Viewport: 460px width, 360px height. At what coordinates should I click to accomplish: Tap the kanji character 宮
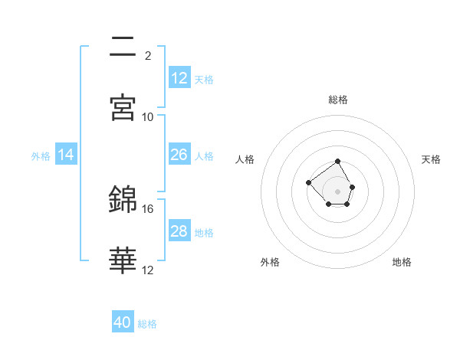[123, 107]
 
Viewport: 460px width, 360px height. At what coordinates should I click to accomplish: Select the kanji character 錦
[123, 199]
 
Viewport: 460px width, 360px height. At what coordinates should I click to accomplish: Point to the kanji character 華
[123, 260]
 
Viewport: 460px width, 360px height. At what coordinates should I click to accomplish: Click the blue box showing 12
[179, 77]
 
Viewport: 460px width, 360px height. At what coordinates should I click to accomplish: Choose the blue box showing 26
[179, 155]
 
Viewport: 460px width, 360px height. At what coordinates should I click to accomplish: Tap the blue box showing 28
[179, 231]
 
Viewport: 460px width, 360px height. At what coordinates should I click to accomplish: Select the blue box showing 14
[66, 155]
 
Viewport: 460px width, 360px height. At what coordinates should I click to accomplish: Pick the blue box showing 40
[123, 322]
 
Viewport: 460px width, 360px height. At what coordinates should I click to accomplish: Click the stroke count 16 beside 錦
[148, 208]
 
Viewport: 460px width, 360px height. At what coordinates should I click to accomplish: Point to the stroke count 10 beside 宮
[148, 116]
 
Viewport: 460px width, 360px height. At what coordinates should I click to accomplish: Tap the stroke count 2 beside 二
[148, 56]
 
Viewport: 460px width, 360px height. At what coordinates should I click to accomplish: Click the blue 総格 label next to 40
[147, 324]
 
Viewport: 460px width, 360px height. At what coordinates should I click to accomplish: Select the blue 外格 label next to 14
[41, 156]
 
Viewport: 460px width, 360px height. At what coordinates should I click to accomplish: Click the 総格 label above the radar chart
[338, 100]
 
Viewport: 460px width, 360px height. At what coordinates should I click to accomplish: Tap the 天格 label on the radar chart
[431, 159]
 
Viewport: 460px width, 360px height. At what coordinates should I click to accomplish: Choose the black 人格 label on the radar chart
[245, 159]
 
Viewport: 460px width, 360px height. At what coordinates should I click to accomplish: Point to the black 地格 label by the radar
[402, 262]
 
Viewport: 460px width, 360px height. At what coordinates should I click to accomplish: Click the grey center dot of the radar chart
[338, 191]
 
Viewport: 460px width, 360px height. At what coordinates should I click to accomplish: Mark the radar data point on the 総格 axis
[338, 162]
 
